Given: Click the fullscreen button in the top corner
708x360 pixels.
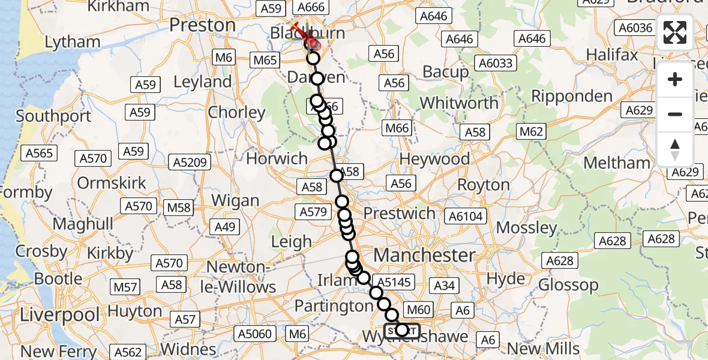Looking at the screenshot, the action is (x=675, y=32).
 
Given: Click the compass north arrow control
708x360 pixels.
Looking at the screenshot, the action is (x=675, y=149).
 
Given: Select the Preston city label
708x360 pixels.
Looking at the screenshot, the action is (x=203, y=25).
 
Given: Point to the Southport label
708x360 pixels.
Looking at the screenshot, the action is (x=53, y=115).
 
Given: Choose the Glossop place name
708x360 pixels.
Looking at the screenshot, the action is (x=568, y=284).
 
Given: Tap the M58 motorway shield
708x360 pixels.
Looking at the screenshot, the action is (x=179, y=208).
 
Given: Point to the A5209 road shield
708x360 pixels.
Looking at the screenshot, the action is (x=190, y=162).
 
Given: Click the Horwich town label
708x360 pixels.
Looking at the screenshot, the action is (x=277, y=158).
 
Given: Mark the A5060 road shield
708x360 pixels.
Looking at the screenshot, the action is (x=256, y=334).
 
